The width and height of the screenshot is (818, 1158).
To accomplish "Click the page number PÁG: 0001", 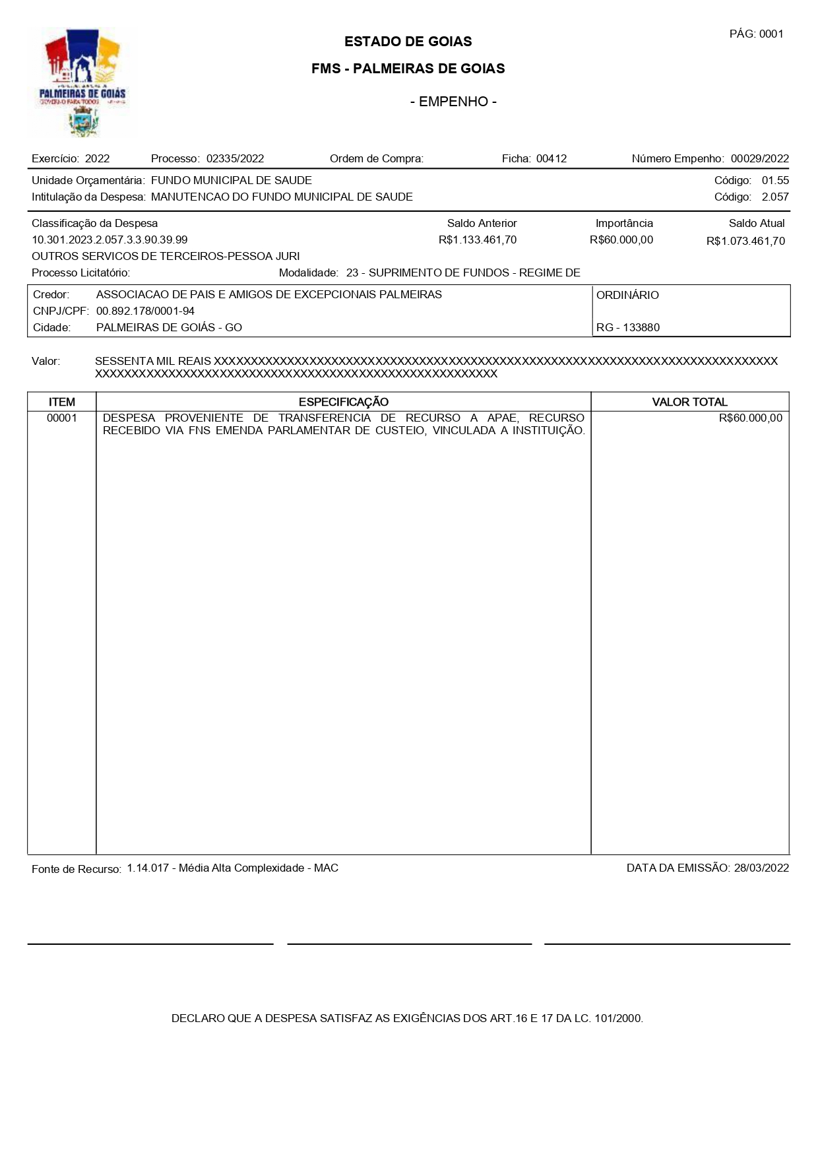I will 756,34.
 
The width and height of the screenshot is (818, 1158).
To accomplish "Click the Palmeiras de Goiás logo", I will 82,82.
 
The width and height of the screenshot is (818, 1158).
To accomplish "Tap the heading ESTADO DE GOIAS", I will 408,42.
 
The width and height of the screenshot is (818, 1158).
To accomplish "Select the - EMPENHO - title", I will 453,102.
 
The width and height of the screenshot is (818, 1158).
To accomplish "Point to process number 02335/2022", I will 235,158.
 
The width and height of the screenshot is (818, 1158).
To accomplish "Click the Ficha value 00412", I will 551,158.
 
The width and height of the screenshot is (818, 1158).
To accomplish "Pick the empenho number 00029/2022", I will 759,158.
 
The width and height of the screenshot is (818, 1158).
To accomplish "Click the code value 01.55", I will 775,180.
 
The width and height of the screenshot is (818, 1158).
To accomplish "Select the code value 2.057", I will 775,197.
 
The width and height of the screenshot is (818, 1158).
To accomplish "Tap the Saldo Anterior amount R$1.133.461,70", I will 478,240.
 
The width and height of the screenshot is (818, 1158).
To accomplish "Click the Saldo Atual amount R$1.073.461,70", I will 745,241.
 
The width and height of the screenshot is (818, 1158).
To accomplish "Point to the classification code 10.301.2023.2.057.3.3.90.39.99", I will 110,240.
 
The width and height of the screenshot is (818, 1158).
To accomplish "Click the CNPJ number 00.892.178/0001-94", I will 145,311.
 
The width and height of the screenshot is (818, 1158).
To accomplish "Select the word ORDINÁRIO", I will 627,295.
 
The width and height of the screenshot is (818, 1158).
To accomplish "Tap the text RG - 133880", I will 627,327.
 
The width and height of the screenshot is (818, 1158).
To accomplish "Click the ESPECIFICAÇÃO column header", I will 343,402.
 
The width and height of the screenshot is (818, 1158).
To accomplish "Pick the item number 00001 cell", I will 62,418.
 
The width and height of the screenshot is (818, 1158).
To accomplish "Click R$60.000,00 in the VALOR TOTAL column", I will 750,418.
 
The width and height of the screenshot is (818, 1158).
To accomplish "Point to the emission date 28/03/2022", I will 761,868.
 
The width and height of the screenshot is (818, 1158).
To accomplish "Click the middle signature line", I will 409,944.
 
